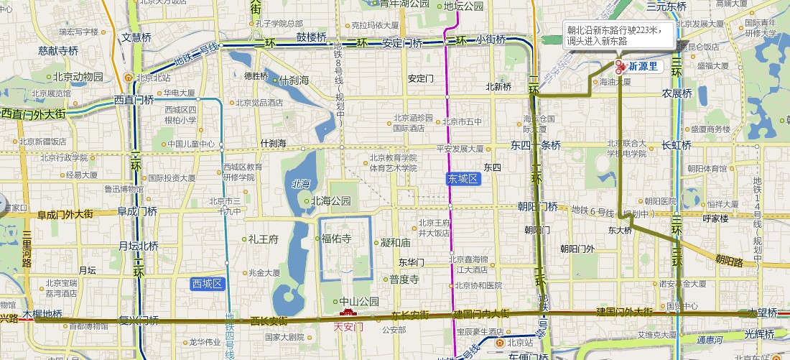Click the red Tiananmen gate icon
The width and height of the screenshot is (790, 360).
[348, 315]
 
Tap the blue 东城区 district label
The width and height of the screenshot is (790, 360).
[462, 177]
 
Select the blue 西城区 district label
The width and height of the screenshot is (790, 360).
[208, 284]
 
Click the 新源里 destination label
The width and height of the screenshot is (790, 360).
[643, 66]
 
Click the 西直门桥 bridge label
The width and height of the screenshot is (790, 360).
[134, 101]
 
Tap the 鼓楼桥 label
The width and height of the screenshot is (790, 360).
[312, 37]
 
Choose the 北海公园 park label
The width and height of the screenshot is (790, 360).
[330, 201]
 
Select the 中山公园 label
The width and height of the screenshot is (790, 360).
[358, 301]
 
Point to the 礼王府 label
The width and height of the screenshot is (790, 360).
[264, 239]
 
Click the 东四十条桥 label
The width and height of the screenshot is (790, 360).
[535, 144]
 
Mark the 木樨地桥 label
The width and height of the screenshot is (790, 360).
[42, 314]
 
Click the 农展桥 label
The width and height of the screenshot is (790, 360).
[677, 93]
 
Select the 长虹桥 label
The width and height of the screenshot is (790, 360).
[676, 144]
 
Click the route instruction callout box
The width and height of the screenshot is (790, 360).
[618, 34]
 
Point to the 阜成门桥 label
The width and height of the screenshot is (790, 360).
[137, 211]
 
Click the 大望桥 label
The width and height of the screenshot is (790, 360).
[763, 313]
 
